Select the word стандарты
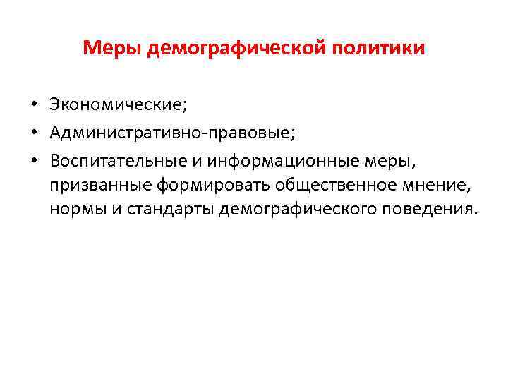tap(168, 210)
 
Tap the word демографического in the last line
tap(298, 210)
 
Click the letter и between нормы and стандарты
tap(114, 210)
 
